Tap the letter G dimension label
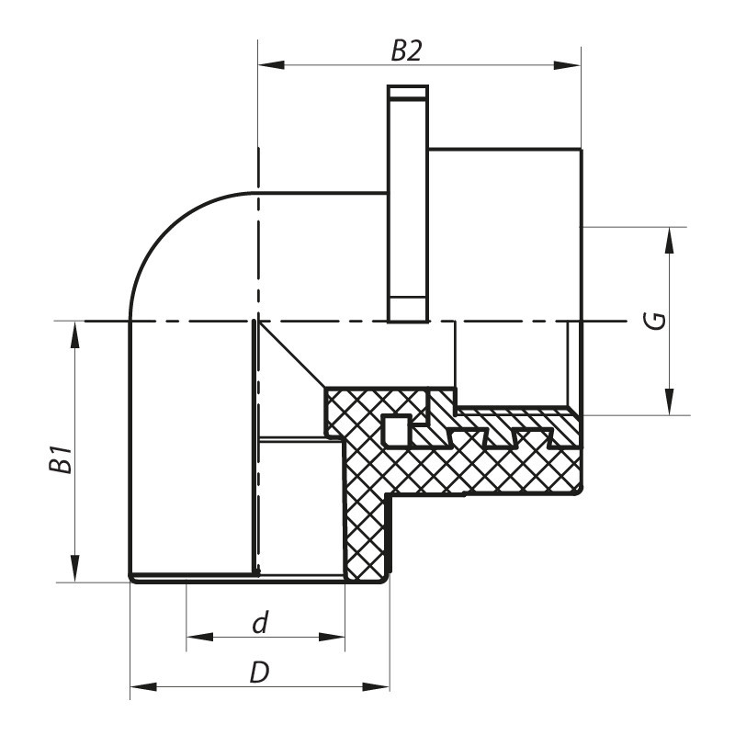click(x=653, y=321)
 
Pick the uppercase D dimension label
click(x=260, y=673)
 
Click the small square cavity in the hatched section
click(x=394, y=427)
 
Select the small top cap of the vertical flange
click(x=408, y=92)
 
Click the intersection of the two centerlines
click(x=257, y=321)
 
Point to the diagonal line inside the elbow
click(x=292, y=355)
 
